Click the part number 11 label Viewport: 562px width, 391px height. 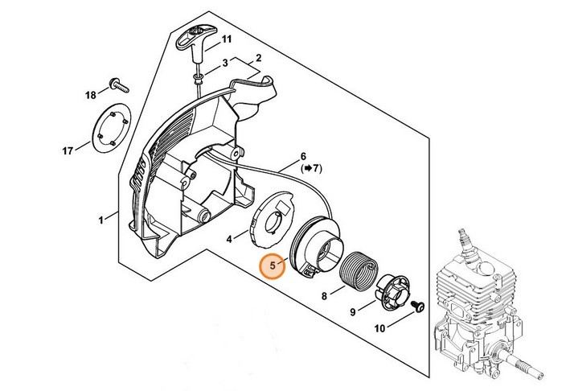click(226, 39)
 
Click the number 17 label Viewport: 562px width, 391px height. click(68, 150)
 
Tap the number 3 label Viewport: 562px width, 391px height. click(225, 62)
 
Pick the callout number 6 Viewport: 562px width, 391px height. click(303, 156)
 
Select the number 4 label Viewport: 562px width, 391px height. click(229, 239)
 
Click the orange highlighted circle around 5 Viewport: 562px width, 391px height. click(273, 265)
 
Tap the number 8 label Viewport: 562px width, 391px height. click(324, 295)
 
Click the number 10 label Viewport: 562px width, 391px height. click(379, 328)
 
